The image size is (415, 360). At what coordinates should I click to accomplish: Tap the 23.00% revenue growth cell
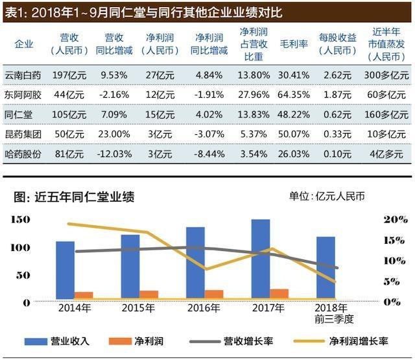[117, 134]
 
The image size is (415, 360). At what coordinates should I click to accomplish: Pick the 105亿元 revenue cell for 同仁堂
[69, 115]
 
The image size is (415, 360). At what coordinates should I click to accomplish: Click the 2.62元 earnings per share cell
[337, 75]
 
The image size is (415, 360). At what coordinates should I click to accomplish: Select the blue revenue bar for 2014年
[65, 270]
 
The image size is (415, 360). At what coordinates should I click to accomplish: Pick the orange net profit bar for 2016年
[214, 294]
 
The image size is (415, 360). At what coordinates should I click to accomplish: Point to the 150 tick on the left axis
[21, 221]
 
